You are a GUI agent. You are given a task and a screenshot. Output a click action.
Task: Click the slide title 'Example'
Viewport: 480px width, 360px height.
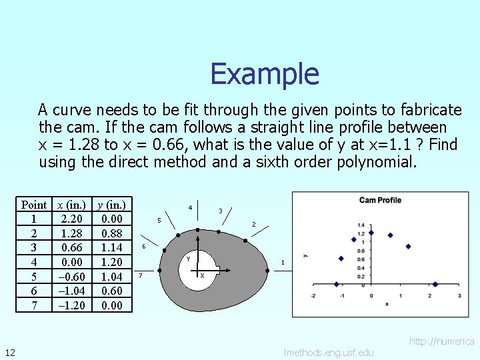tap(265, 74)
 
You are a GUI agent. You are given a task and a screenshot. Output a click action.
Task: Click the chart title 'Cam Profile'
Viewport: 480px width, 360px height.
tap(380, 200)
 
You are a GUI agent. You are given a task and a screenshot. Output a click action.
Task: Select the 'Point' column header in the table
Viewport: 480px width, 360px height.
tap(34, 205)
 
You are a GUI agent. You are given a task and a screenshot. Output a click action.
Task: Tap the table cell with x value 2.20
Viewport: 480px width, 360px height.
tap(71, 219)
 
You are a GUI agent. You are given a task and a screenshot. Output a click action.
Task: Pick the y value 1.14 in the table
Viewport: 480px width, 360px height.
tap(111, 247)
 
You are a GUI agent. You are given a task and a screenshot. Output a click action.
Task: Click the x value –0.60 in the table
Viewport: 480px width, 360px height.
tap(71, 276)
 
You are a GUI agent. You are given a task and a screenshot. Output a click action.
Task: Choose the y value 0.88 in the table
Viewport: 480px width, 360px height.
tap(111, 233)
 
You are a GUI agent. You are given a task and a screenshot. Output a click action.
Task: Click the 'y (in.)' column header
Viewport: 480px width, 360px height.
tap(111, 205)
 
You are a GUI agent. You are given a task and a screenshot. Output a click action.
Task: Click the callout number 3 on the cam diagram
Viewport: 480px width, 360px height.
tap(221, 211)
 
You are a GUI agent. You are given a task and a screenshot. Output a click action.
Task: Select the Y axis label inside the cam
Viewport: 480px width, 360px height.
tap(189, 258)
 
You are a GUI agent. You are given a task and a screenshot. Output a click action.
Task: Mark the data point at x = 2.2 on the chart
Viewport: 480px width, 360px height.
tap(435, 285)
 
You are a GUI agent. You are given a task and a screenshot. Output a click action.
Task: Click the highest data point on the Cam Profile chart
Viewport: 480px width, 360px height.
tap(371, 233)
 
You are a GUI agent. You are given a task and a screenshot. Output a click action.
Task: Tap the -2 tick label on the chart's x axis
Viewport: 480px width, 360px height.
tap(313, 295)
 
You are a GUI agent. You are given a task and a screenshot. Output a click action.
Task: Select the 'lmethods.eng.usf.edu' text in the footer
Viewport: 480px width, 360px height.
tap(329, 352)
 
